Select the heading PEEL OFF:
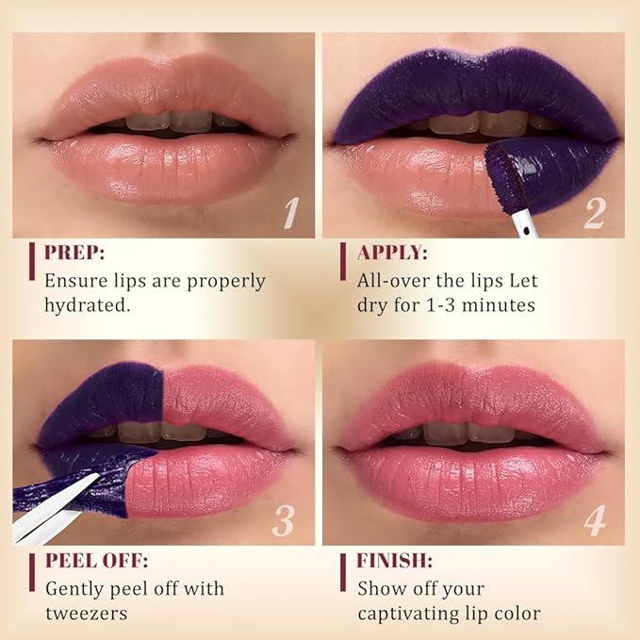tap(96, 561)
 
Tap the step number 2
tap(594, 213)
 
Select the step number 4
tap(594, 520)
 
